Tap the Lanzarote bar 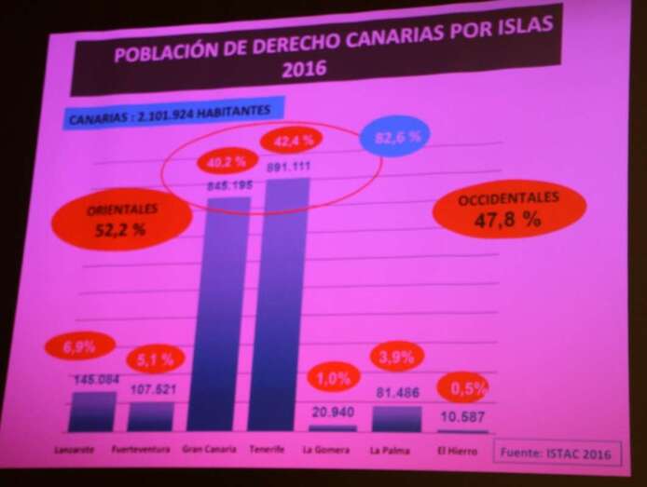92,411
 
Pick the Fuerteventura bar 150,416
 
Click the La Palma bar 397,418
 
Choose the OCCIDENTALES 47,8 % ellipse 510,212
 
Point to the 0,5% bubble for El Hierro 462,389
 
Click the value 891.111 287,167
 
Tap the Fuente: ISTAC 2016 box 556,452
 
